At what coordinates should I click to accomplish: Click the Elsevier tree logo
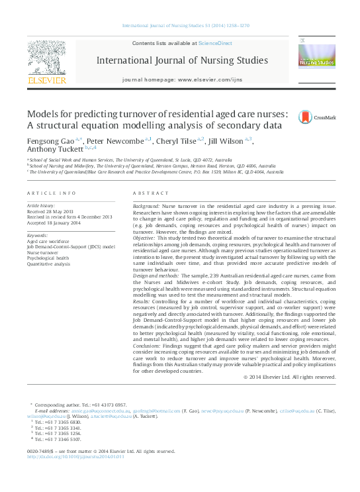(46, 61)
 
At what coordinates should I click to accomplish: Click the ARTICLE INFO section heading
(51, 193)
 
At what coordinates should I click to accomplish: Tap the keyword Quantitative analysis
(48, 264)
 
